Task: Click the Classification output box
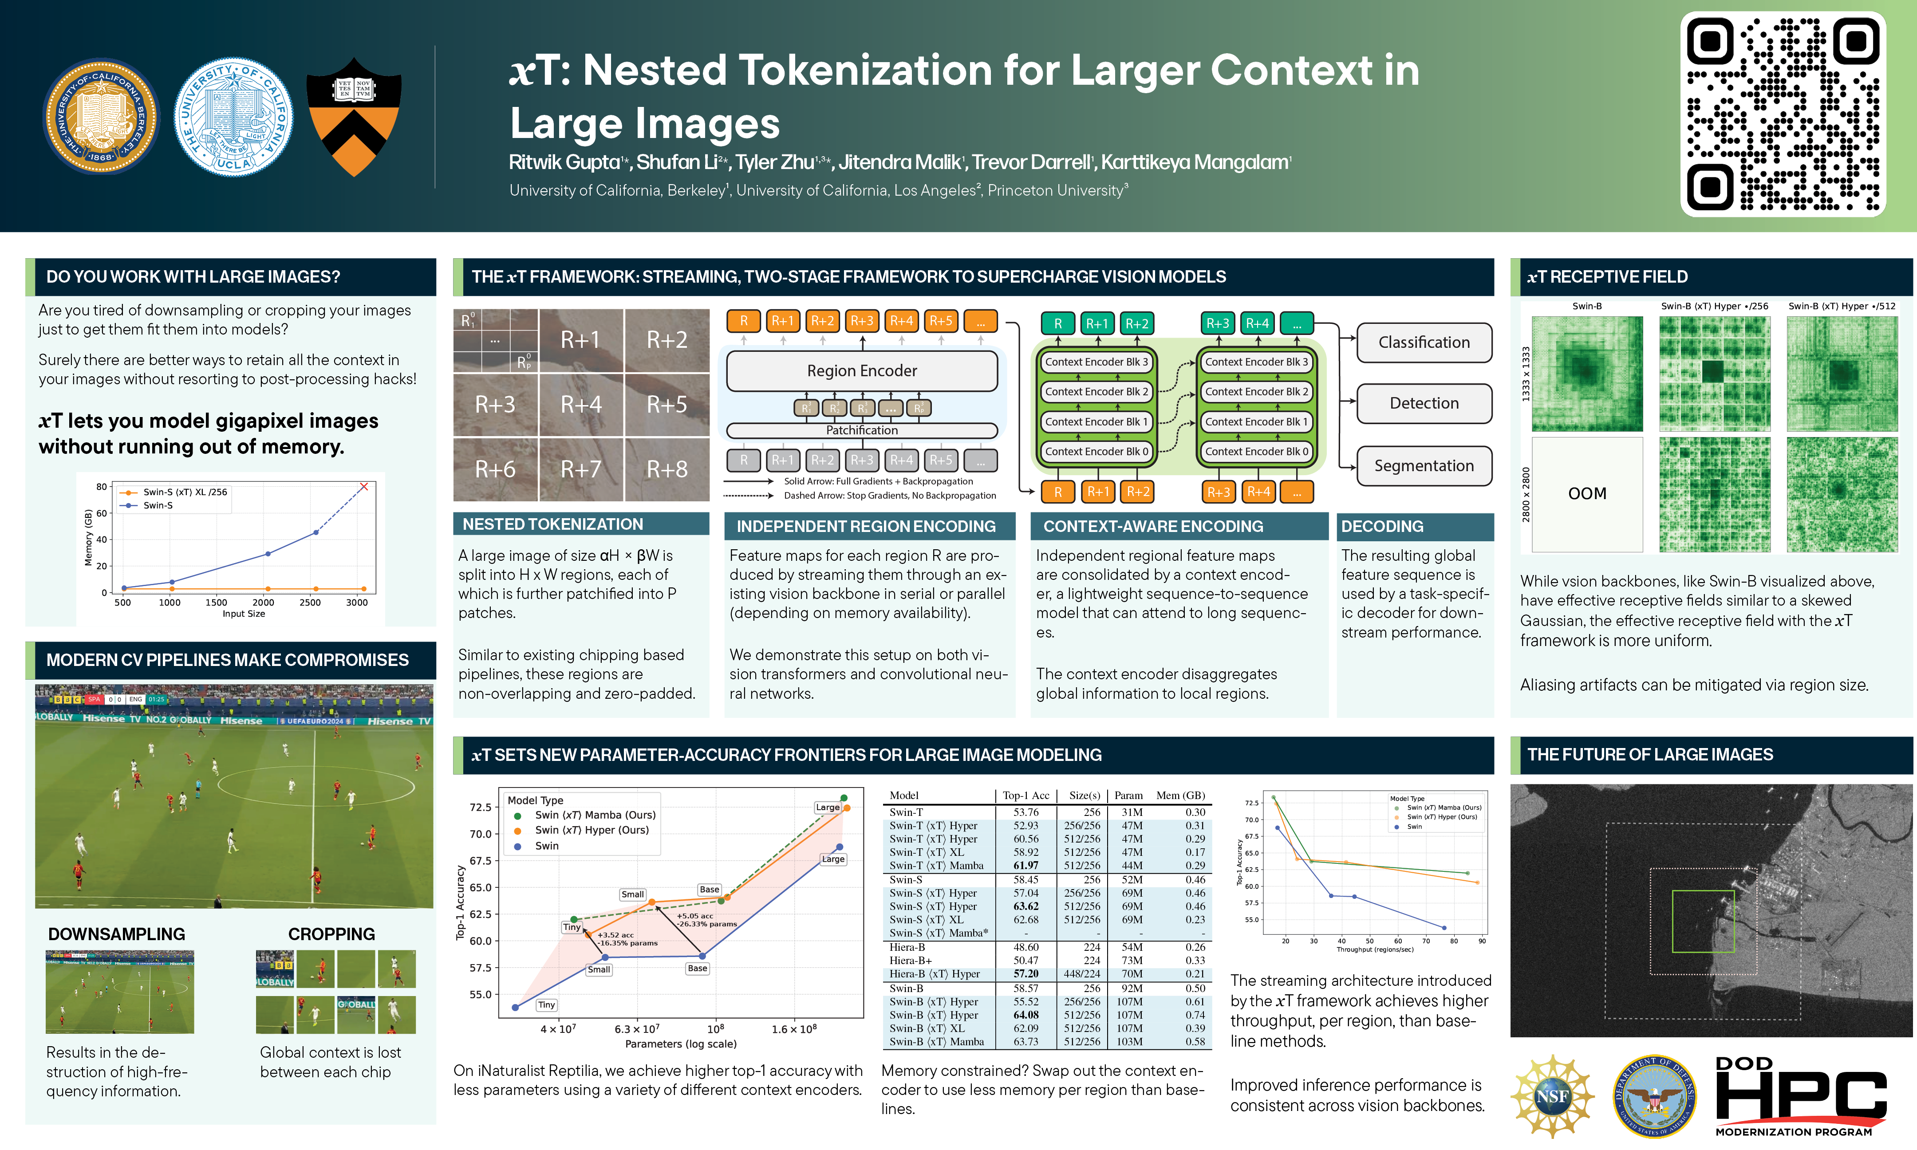1424,343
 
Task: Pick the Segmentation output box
1424,466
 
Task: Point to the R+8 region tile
667,469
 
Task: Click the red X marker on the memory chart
363,487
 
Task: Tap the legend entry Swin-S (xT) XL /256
185,492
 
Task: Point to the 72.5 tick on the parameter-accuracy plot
481,807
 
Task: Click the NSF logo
1552,1096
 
